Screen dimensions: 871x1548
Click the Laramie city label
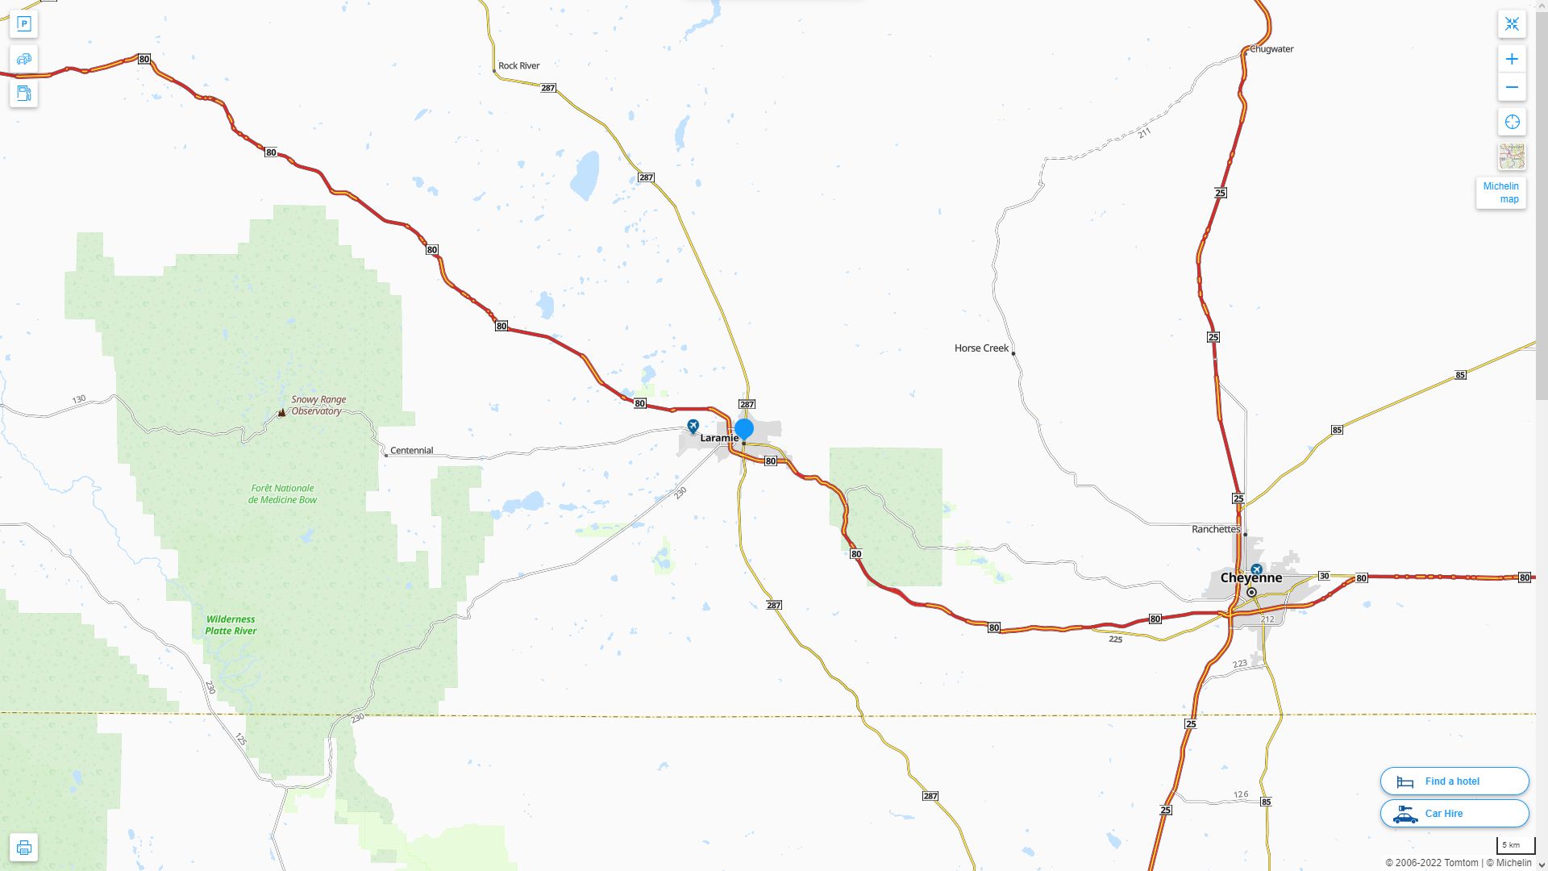coord(718,438)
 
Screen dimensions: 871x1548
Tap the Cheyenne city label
coord(1250,577)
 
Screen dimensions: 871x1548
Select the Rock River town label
coord(518,66)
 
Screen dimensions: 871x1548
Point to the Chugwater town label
coord(1271,49)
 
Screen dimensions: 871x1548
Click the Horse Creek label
coord(981,348)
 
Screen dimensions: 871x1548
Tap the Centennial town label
coord(411,451)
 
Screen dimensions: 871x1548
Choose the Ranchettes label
coord(1216,529)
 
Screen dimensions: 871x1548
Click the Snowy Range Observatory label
coord(318,405)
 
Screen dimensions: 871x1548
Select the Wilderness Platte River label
coord(231,625)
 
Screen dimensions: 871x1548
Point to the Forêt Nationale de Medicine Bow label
coord(282,494)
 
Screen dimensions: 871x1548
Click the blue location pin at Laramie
coord(744,428)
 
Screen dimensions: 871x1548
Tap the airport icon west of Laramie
coord(693,425)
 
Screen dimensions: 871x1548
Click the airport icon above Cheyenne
coord(1256,569)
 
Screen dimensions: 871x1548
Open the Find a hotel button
coord(1454,781)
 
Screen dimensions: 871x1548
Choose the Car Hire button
coord(1454,814)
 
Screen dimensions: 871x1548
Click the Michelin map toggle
coord(1500,193)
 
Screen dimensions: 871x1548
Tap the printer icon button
coord(24,848)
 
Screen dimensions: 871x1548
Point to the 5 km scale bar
coord(1512,846)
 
